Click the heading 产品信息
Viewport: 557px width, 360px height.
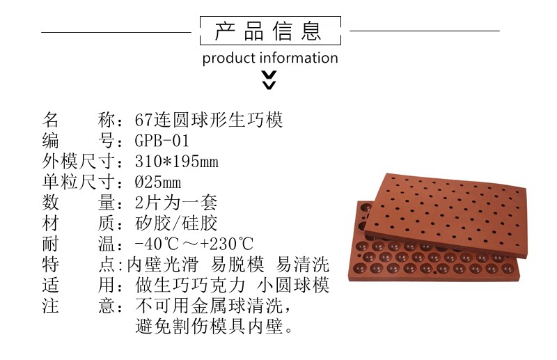(x=269, y=31)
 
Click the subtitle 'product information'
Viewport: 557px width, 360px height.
(x=270, y=58)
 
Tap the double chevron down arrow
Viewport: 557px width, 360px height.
(x=269, y=80)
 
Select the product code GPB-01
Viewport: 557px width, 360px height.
(x=162, y=141)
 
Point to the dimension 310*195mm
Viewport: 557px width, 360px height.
(x=176, y=162)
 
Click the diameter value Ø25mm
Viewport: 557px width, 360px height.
(x=158, y=183)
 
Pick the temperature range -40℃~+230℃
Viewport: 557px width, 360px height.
(x=194, y=244)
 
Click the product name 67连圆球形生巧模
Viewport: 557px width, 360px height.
(x=209, y=120)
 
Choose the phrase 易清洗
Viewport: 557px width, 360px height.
(x=302, y=265)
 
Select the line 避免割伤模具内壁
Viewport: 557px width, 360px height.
(x=213, y=326)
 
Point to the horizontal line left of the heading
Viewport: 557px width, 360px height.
(x=116, y=32)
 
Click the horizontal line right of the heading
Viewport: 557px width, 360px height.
(x=424, y=31)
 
